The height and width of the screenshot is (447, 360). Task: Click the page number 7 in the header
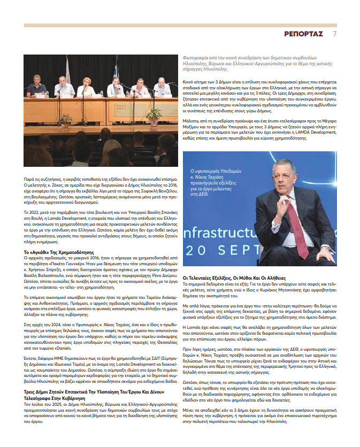334,34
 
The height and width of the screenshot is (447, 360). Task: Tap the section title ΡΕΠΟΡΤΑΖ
303,34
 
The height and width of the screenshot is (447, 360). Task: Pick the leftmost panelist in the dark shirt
36,88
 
